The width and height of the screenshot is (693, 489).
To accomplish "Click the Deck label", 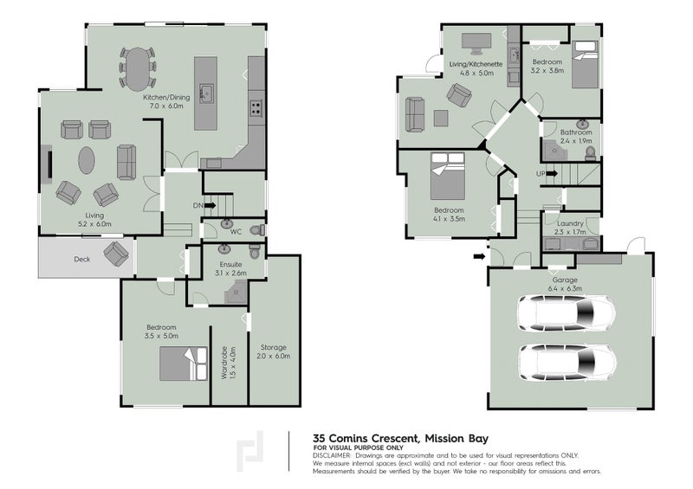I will tap(82, 258).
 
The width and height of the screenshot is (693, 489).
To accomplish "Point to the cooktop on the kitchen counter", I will tap(256, 108).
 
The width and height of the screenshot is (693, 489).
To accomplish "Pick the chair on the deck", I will tap(116, 254).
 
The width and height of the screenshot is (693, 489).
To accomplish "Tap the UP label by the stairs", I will tap(542, 173).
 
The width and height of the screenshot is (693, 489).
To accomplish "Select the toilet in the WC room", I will tap(256, 229).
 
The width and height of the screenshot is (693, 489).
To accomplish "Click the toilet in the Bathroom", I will tap(590, 153).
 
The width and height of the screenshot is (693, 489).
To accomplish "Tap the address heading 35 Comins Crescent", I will tap(367, 438).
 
